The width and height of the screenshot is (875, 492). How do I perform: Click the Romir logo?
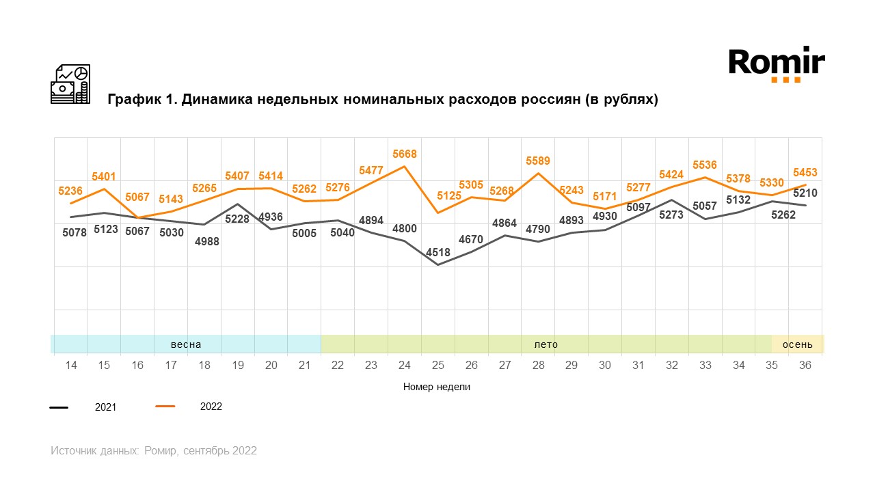(776, 64)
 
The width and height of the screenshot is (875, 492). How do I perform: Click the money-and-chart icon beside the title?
(70, 84)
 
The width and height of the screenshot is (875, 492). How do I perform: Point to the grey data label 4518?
(437, 252)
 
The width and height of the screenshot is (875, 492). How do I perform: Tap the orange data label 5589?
(538, 161)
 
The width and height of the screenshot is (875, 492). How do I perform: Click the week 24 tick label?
(404, 366)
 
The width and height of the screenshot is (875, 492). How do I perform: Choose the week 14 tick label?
(70, 366)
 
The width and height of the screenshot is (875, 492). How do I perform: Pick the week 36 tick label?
(805, 366)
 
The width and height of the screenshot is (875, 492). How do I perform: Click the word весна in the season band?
(186, 344)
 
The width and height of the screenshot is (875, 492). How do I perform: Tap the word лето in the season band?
(546, 344)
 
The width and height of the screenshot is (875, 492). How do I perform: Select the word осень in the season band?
(798, 344)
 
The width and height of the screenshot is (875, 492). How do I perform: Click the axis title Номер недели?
(437, 387)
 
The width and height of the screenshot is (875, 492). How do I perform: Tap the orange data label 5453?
(805, 173)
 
